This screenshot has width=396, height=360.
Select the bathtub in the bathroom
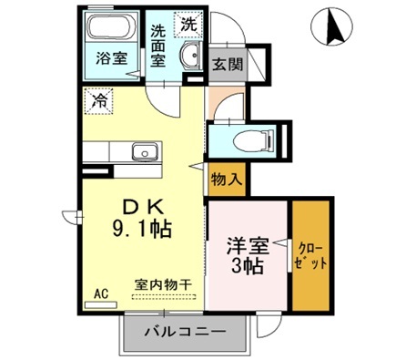[114, 30]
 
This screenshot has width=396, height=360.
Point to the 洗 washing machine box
[187, 21]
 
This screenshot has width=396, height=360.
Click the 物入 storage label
[225, 179]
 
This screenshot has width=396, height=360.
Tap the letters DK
[139, 206]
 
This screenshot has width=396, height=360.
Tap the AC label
[101, 294]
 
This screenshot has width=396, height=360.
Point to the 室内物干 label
[164, 283]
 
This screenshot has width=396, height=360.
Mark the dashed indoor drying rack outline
[164, 297]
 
